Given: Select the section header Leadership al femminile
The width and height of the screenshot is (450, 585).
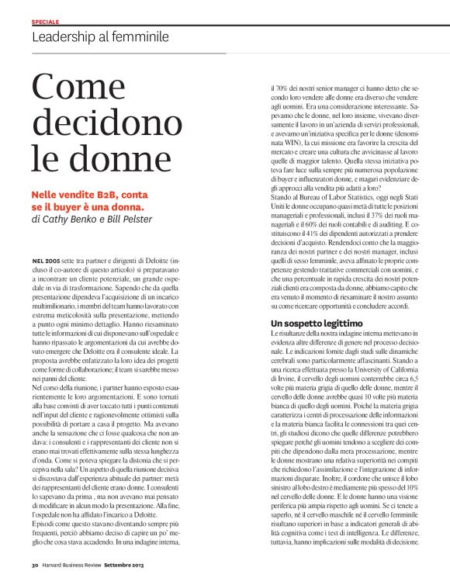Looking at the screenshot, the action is [100, 36].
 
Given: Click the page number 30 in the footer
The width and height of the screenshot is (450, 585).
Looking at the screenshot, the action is [35, 575].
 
